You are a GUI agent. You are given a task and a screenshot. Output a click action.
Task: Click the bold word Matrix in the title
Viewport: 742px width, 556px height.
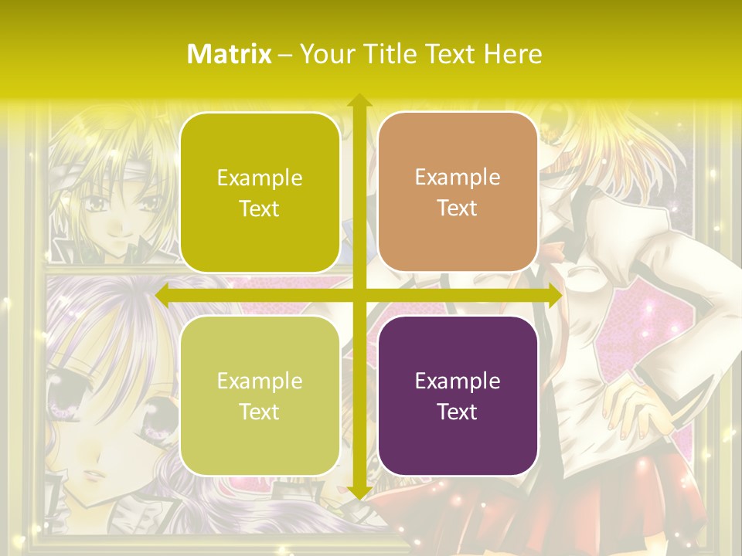[x=229, y=54]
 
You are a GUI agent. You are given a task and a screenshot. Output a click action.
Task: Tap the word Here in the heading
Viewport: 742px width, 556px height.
[x=512, y=54]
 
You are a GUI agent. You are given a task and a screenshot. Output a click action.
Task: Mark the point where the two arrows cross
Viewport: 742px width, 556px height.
[x=359, y=295]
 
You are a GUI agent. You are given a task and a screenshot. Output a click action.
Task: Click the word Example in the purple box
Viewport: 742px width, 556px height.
[x=457, y=381]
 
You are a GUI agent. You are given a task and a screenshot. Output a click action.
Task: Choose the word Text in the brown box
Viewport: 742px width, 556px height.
[x=457, y=208]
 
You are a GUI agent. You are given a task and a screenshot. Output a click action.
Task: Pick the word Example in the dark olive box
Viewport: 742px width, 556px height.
[x=259, y=178]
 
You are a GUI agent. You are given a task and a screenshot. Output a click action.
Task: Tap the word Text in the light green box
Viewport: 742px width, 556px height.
[x=259, y=412]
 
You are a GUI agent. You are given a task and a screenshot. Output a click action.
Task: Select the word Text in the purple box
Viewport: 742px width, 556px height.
[x=457, y=412]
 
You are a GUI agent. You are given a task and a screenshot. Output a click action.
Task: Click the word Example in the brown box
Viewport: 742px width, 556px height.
[x=457, y=177]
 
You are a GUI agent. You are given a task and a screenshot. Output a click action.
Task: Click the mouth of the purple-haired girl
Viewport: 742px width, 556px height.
[x=91, y=473]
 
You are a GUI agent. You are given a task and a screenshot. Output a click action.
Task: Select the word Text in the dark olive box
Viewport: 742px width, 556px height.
[x=259, y=208]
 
